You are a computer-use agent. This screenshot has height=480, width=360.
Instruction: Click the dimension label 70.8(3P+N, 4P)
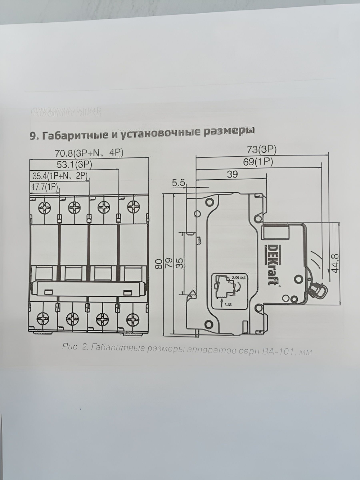(x=89, y=153)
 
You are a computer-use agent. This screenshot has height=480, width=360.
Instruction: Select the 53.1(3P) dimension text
(x=75, y=165)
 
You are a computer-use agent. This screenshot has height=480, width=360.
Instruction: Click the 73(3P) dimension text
(x=262, y=150)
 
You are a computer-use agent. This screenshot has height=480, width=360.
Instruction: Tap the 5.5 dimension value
(x=179, y=183)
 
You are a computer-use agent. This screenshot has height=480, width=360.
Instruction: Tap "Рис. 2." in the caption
(x=75, y=347)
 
